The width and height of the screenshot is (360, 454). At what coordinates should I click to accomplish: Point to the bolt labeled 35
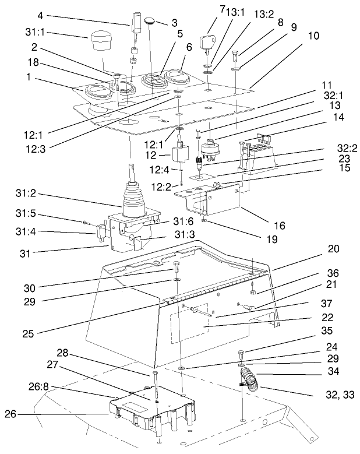point(242,353)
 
